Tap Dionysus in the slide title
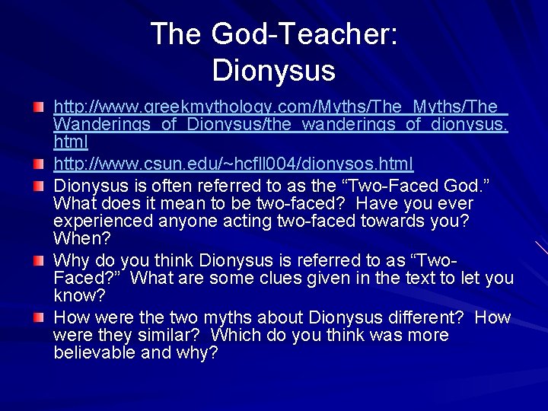274,71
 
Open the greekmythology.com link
280,124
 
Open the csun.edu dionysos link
233,164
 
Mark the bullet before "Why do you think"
38,260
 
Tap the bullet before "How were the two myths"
38,315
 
